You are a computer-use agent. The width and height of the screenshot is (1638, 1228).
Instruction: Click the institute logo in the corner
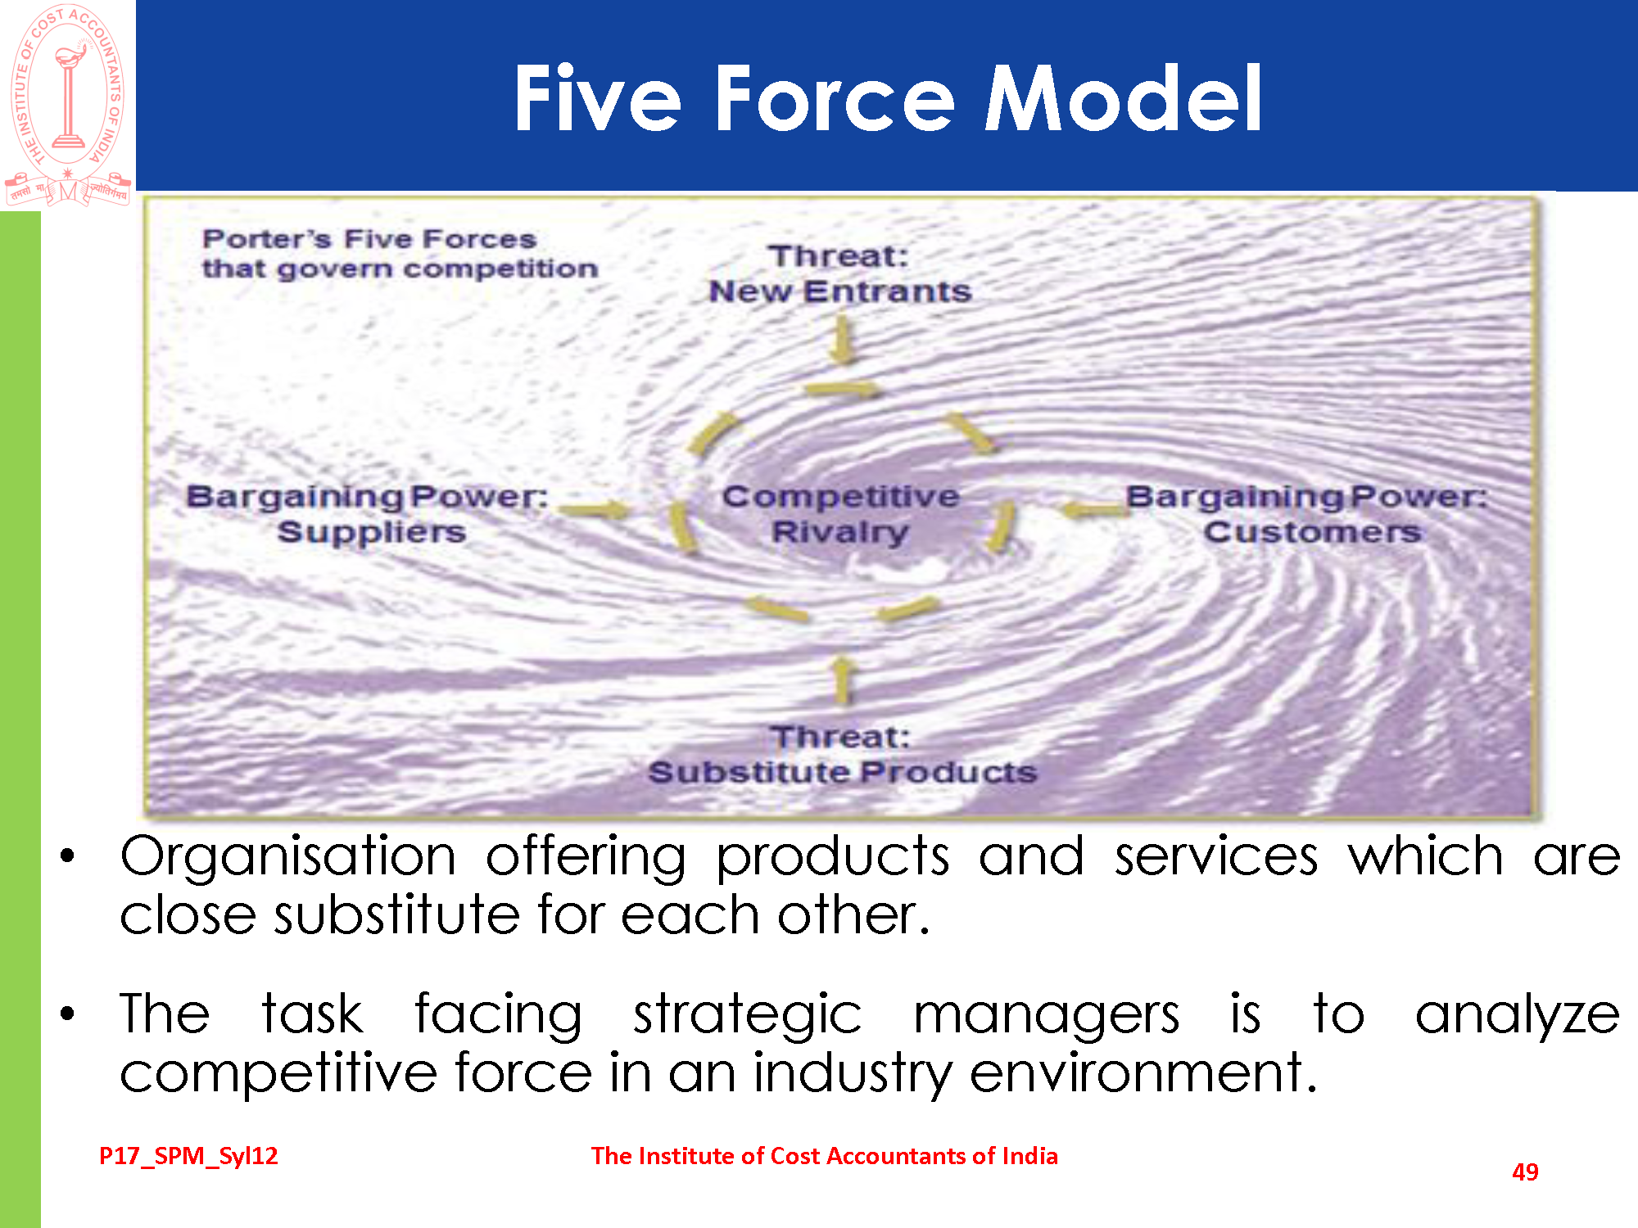pyautogui.click(x=68, y=104)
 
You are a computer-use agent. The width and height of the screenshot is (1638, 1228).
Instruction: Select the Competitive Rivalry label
pyautogui.click(x=841, y=514)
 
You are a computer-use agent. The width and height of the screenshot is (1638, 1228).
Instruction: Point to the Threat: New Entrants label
pyautogui.click(x=840, y=273)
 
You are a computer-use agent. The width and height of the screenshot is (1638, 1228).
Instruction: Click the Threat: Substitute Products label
pyautogui.click(x=843, y=754)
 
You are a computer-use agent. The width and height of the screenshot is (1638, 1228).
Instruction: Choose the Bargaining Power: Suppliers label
pyautogui.click(x=368, y=514)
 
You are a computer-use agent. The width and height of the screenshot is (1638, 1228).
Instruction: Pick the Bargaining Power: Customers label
pyautogui.click(x=1307, y=514)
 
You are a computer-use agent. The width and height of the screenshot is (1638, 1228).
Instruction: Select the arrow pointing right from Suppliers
pyautogui.click(x=594, y=511)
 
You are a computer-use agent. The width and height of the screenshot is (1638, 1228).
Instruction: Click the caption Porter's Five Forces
pyautogui.click(x=369, y=239)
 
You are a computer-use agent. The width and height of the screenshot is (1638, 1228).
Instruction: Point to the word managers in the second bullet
pyautogui.click(x=1047, y=1015)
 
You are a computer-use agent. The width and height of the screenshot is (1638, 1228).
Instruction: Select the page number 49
pyautogui.click(x=1525, y=1172)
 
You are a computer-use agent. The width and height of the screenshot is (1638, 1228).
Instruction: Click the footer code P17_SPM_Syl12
pyautogui.click(x=188, y=1156)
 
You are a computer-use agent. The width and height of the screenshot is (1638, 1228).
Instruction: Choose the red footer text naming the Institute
pyautogui.click(x=825, y=1156)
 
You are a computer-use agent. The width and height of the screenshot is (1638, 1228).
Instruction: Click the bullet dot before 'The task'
pyautogui.click(x=68, y=1014)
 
